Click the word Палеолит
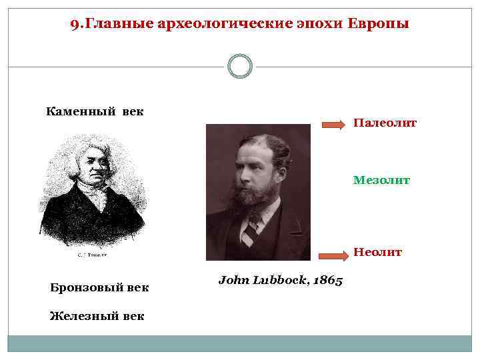tap(385, 123)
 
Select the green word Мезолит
tap(381, 180)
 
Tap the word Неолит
tap(378, 252)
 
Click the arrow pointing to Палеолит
tap(336, 124)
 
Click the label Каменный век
tap(95, 111)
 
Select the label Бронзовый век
tap(99, 287)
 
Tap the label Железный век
tap(97, 315)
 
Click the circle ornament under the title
tap(240, 66)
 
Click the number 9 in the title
tap(74, 25)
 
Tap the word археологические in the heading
tap(229, 25)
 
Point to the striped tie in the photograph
tap(251, 233)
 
